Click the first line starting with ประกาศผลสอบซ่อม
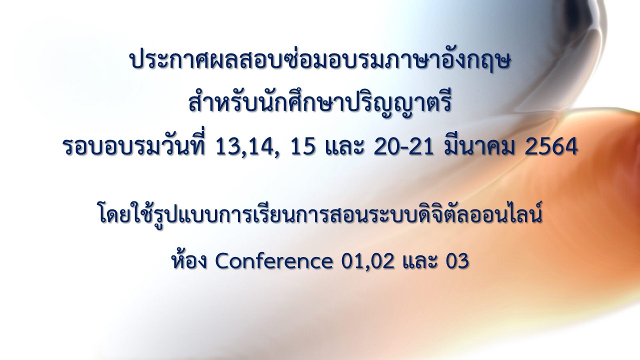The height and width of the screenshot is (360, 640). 319,60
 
